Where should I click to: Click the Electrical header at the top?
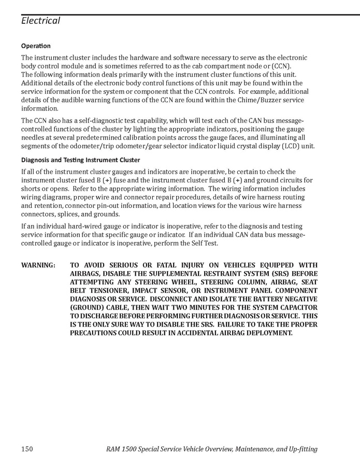point(40,21)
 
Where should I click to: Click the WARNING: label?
point(38,265)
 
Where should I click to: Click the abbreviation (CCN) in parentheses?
point(281,66)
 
